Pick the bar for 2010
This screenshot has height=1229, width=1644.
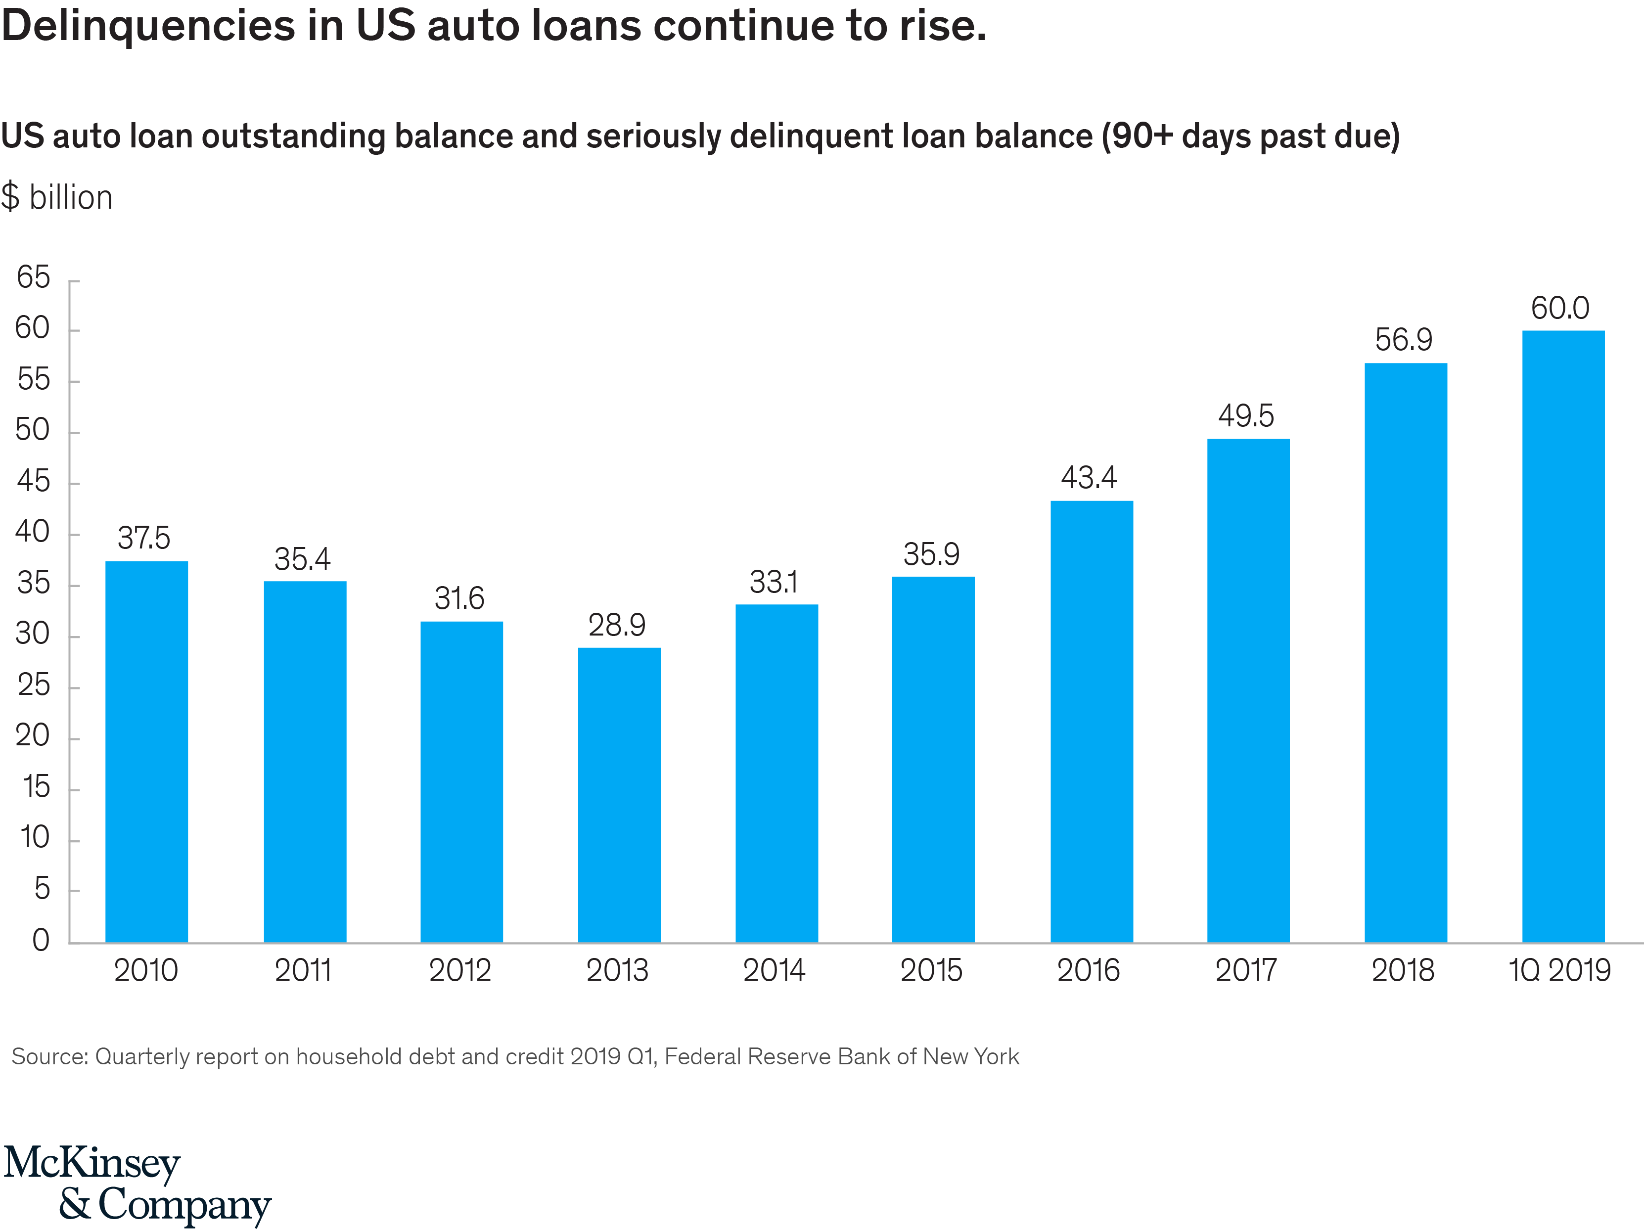pyautogui.click(x=146, y=751)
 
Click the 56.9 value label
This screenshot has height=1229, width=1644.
pyautogui.click(x=1403, y=340)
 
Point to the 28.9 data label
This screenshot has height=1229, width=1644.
pyautogui.click(x=616, y=625)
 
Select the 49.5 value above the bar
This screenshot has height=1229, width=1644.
pyautogui.click(x=1246, y=415)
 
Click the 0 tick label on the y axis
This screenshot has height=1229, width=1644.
pyautogui.click(x=41, y=940)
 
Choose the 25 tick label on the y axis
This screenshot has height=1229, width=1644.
pyautogui.click(x=34, y=685)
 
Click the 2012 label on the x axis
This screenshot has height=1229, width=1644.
pyautogui.click(x=460, y=970)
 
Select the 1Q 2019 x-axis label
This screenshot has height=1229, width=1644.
pyautogui.click(x=1559, y=970)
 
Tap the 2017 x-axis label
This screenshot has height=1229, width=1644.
pyautogui.click(x=1246, y=970)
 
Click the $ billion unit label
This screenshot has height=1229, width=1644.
pyautogui.click(x=57, y=198)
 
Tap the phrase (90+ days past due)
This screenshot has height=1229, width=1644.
pyautogui.click(x=1250, y=136)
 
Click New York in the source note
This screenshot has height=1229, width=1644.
pyautogui.click(x=971, y=1056)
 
